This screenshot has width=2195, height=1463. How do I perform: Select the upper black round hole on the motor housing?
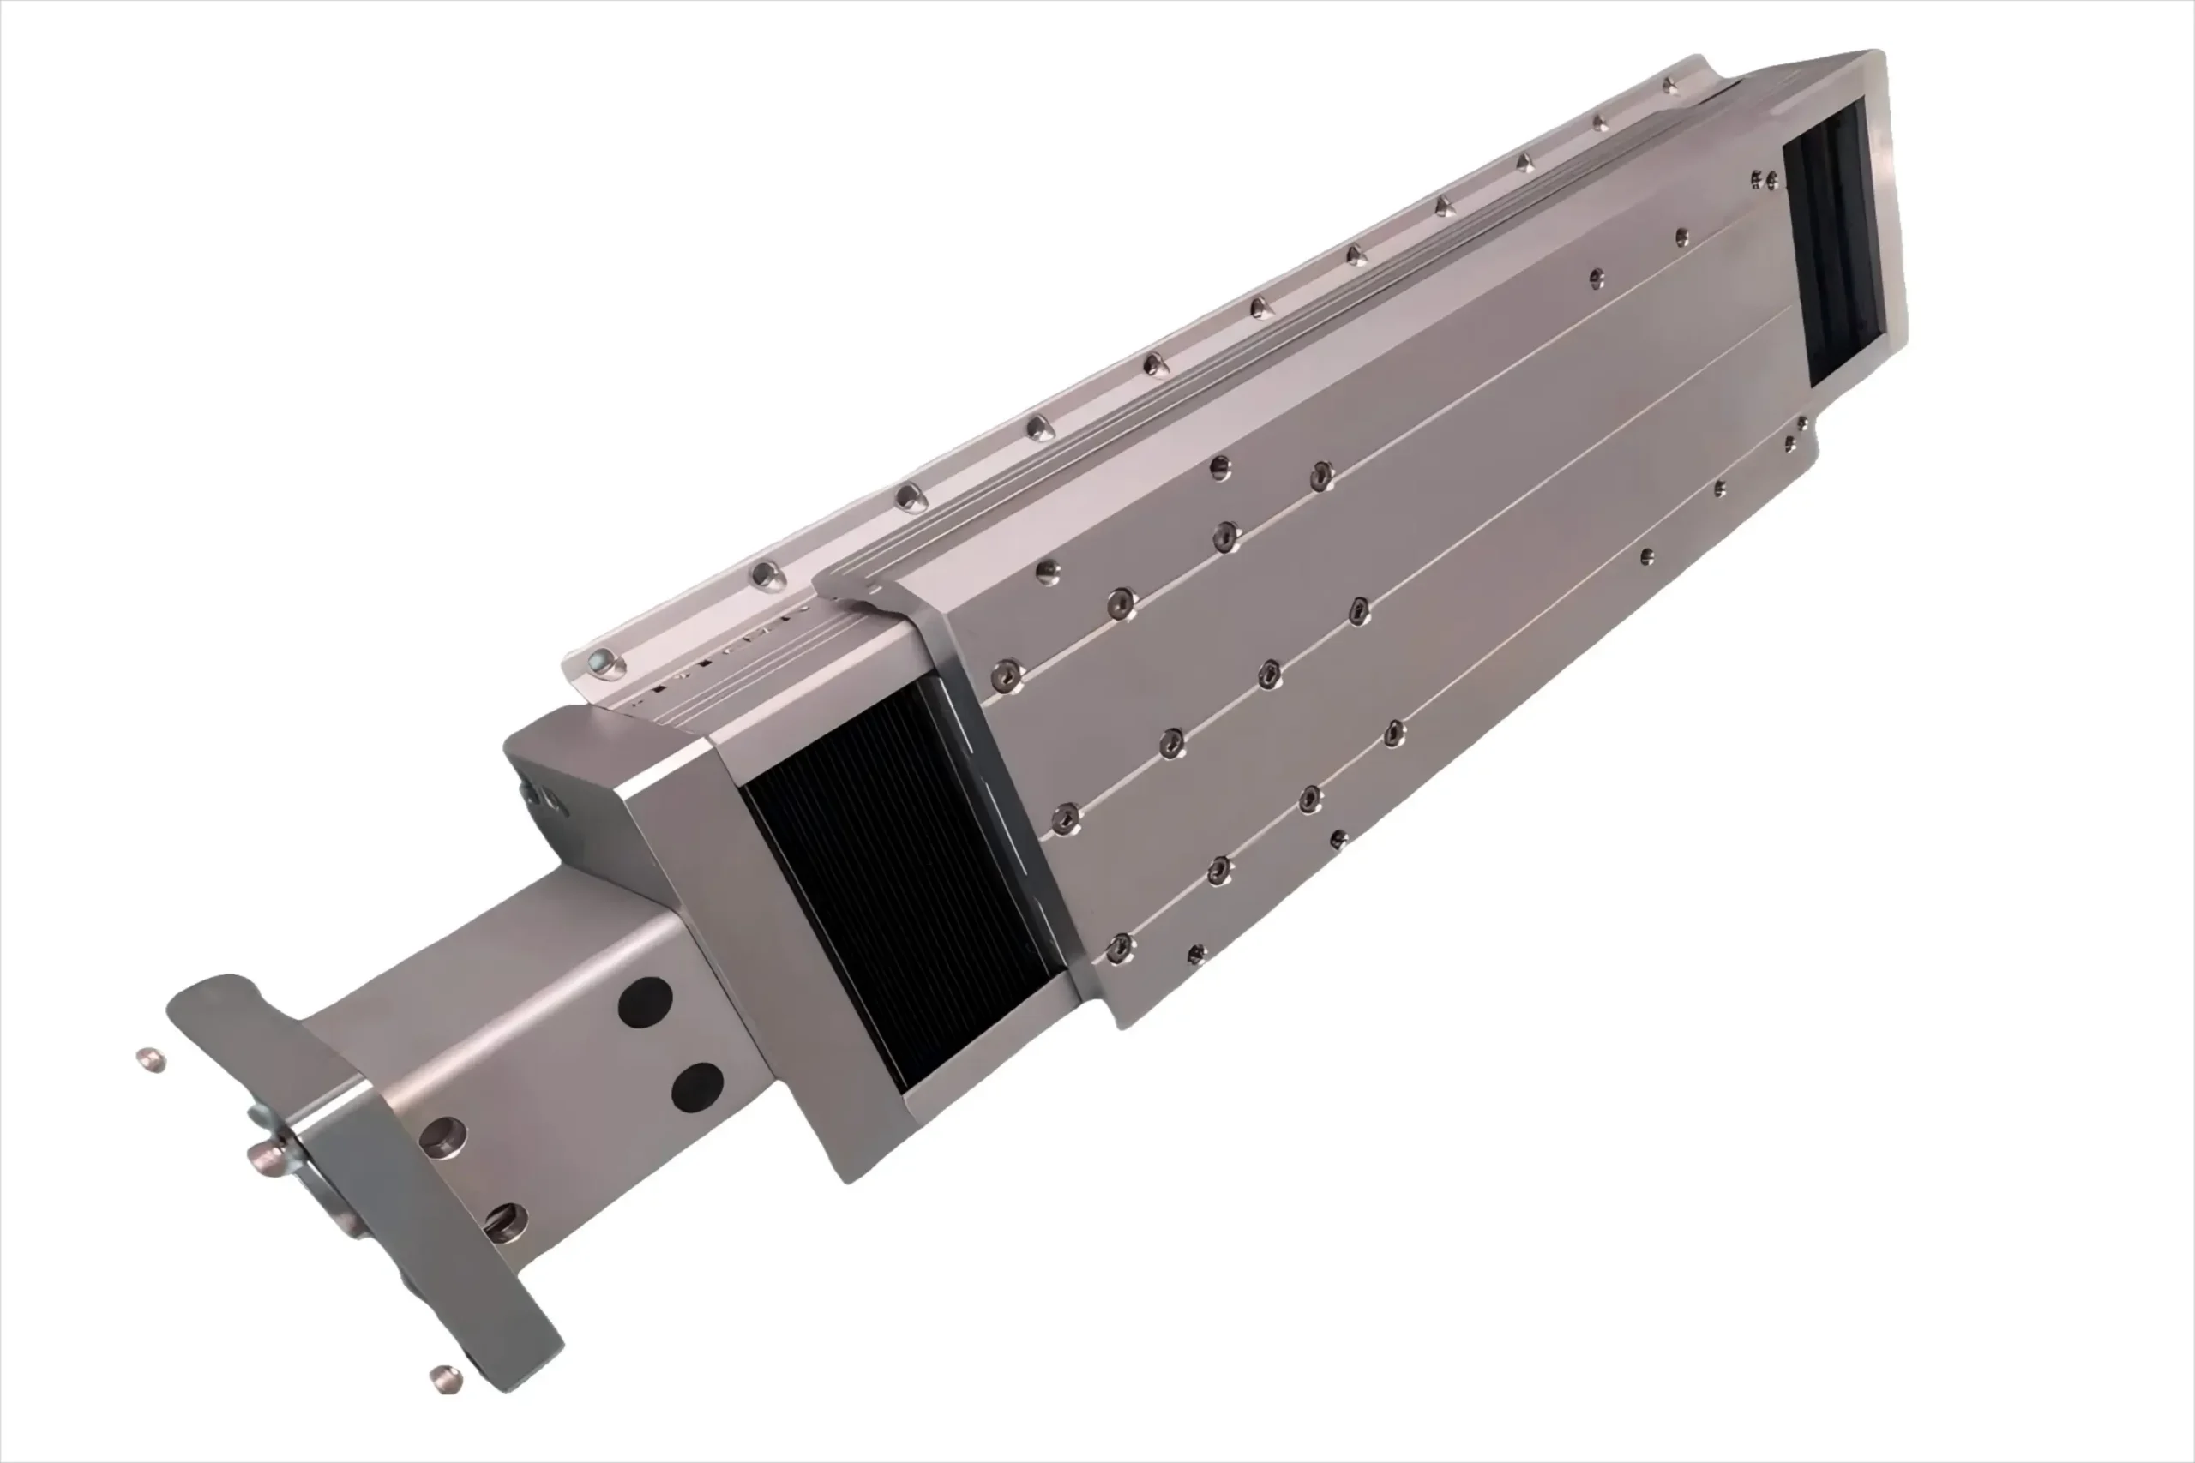(645, 1002)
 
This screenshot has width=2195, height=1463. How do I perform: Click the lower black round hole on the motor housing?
(697, 1087)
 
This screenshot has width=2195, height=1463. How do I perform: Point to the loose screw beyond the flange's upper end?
(150, 1059)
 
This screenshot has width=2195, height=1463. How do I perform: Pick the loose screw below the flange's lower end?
(445, 1378)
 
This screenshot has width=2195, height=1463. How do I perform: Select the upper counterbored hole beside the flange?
(442, 1137)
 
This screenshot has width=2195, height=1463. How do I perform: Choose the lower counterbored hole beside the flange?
(505, 1222)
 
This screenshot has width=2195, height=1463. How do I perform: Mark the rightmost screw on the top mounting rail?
(1669, 87)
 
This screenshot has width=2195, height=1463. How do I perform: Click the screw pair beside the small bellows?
(1764, 179)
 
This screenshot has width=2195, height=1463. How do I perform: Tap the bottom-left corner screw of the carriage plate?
(1119, 949)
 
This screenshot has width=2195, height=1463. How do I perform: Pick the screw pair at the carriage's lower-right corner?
(1795, 434)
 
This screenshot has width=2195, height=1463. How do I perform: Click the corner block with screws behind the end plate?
(560, 775)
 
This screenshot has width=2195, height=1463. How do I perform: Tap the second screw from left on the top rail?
(766, 575)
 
